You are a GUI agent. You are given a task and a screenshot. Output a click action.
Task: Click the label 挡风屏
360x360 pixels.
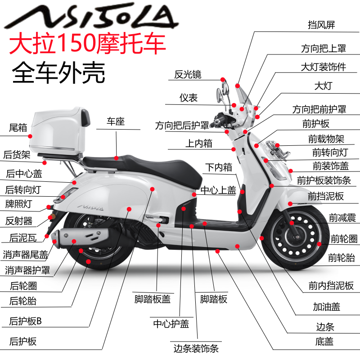(322, 25)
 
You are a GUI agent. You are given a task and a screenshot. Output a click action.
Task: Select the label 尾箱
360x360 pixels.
(18, 128)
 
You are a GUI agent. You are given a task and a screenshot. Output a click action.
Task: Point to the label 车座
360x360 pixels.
(116, 121)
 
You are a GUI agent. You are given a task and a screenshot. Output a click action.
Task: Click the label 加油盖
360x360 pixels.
(327, 307)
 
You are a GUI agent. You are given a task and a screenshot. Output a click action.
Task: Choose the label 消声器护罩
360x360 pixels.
(27, 270)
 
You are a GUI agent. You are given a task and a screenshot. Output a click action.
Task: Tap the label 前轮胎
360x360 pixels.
(342, 258)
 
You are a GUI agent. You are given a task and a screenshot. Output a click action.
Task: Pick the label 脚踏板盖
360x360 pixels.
(153, 299)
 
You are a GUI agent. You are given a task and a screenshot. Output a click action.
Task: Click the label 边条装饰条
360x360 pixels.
(196, 348)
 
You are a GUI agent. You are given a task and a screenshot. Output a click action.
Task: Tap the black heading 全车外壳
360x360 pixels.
(58, 72)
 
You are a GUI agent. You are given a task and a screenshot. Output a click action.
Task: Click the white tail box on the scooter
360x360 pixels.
(58, 130)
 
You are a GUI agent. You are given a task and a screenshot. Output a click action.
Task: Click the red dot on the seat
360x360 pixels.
(117, 158)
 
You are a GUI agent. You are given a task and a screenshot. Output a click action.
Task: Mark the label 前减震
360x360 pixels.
(342, 218)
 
